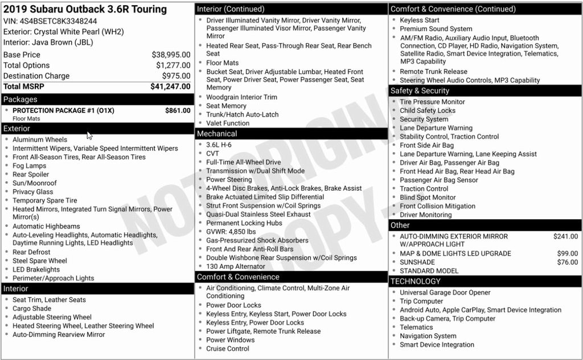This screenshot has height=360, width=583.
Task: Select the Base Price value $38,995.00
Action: click(x=171, y=55)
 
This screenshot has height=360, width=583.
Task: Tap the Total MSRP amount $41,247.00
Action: click(x=170, y=87)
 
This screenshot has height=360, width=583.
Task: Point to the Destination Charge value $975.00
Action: click(x=176, y=76)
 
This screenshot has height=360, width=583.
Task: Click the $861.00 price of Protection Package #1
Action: click(x=178, y=111)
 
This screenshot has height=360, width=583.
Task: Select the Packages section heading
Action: click(x=20, y=99)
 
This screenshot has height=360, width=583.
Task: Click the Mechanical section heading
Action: click(x=217, y=134)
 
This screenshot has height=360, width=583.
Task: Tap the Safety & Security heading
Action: click(x=420, y=91)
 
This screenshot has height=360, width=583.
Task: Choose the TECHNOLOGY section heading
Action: click(x=416, y=281)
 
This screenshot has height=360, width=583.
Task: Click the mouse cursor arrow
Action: click(x=89, y=135)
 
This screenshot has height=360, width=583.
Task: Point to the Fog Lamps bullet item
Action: click(x=30, y=166)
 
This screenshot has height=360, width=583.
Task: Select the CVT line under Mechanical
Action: click(x=212, y=154)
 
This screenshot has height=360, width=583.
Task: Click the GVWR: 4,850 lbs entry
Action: click(x=231, y=232)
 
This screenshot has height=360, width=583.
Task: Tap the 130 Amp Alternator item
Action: click(x=236, y=267)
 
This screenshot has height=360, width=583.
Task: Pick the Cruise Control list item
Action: click(x=228, y=349)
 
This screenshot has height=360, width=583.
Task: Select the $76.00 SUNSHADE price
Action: click(x=567, y=263)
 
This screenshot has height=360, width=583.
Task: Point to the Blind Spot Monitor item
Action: click(x=428, y=198)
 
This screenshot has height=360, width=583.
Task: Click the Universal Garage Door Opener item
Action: click(x=445, y=293)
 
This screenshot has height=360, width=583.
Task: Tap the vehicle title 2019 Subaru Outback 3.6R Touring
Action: click(x=85, y=9)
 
